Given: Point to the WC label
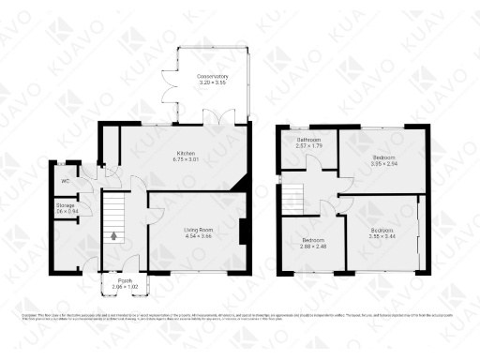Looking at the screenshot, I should click(66, 181).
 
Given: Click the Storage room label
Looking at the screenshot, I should click(65, 204).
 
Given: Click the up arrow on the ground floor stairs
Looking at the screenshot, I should click(114, 236).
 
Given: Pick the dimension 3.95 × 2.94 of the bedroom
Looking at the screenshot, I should click(384, 164).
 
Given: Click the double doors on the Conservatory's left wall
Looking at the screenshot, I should click(170, 86).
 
